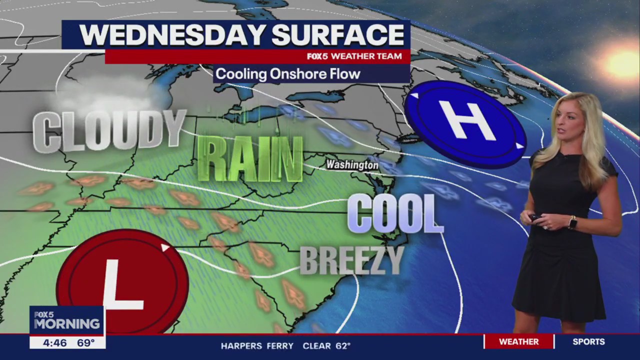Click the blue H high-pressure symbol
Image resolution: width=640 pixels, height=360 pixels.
tap(465, 123)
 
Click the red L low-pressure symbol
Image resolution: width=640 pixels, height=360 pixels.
tap(122, 282)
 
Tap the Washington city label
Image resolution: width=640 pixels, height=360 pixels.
tap(352, 164)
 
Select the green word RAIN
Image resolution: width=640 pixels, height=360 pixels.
tap(250, 159)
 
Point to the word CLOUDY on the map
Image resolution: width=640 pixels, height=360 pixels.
tap(109, 131)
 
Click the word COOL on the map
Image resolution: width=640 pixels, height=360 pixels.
tap(395, 214)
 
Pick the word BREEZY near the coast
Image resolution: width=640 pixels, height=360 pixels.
tap(351, 260)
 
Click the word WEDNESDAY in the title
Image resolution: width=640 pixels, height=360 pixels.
tap(172, 35)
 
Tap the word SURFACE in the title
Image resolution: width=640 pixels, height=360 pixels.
tap(337, 35)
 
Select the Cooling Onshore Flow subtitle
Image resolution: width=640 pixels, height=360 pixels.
tap(288, 74)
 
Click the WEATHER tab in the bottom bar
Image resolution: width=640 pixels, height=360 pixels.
tap(519, 342)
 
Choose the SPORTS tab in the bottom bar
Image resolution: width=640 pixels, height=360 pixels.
tap(588, 342)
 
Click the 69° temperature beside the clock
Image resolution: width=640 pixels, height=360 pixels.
tap(85, 343)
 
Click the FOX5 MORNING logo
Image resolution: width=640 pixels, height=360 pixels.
tap(66, 320)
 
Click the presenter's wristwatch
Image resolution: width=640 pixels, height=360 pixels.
tap(572, 221)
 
